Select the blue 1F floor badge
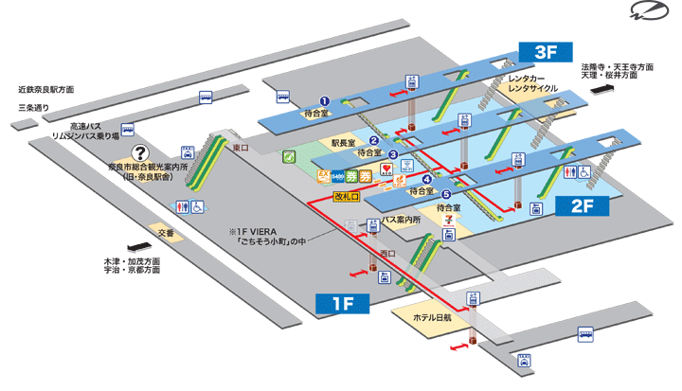click(341, 303)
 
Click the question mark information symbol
click(140, 151)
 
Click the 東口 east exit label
click(239, 149)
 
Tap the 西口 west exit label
click(386, 253)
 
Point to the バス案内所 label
click(402, 219)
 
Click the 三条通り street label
click(33, 108)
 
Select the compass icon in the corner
click(646, 13)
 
